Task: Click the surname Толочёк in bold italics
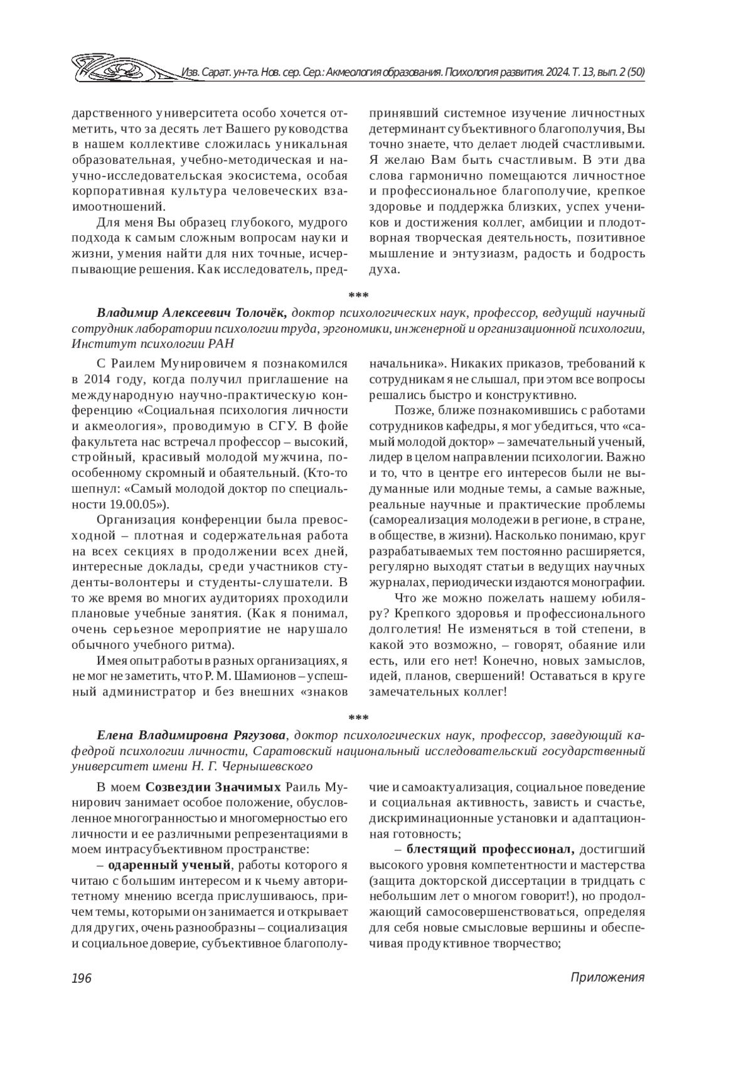tap(257, 312)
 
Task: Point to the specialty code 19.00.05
tap(134, 503)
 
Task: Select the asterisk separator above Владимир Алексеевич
tap(358, 294)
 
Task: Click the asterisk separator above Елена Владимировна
tap(358, 717)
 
